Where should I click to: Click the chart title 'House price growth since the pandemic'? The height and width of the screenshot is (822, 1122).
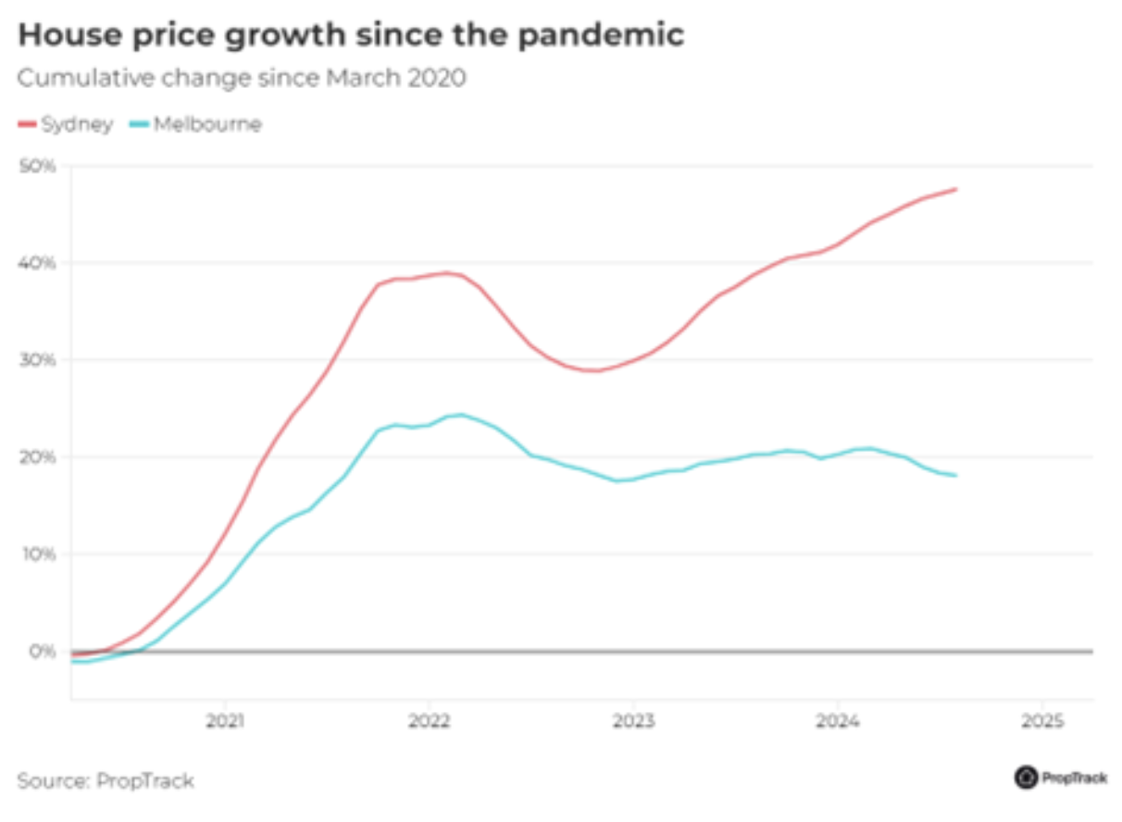[x=352, y=35]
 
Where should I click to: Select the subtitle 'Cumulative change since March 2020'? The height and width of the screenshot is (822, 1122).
[x=242, y=78]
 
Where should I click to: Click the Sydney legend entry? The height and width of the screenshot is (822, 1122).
[x=67, y=124]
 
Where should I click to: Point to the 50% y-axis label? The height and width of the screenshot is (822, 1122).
[x=38, y=167]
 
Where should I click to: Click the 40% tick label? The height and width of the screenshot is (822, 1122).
[x=38, y=263]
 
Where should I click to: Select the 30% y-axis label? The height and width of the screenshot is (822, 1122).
[x=38, y=360]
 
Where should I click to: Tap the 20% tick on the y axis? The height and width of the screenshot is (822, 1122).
[x=38, y=457]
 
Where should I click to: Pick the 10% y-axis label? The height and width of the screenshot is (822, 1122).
[x=38, y=554]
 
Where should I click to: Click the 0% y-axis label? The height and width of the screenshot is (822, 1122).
[x=42, y=652]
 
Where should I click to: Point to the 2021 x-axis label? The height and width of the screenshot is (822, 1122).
[x=225, y=720]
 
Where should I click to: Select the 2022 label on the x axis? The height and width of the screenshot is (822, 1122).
[x=429, y=720]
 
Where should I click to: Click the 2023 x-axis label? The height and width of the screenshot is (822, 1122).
[x=633, y=720]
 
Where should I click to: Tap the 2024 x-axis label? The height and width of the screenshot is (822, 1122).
[x=837, y=720]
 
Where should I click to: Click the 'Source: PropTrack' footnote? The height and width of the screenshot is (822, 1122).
[x=106, y=780]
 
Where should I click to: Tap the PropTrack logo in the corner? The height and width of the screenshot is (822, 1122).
[x=1061, y=778]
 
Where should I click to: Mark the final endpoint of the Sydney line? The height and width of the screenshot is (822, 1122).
[x=955, y=189]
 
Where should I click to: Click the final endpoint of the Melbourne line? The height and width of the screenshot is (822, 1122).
[x=955, y=476]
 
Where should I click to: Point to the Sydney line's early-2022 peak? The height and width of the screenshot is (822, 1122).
[x=446, y=273]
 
